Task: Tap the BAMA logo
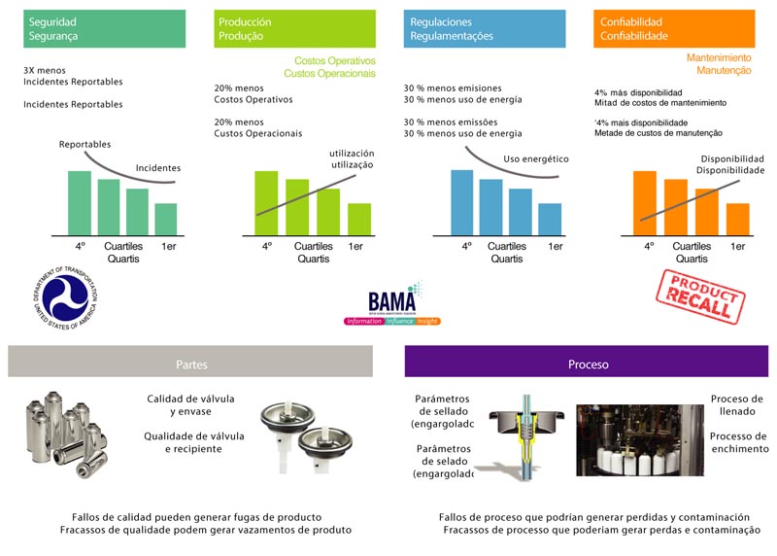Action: coord(392,304)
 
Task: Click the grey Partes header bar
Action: coord(190,364)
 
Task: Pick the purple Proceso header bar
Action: coord(587,364)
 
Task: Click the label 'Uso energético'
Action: coord(535,158)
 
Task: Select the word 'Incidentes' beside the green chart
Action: coord(157,168)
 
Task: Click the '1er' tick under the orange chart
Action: coord(738,247)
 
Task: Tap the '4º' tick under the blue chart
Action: coord(466,247)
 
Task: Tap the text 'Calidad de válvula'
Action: coord(190,400)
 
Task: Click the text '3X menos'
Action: coord(44,71)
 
